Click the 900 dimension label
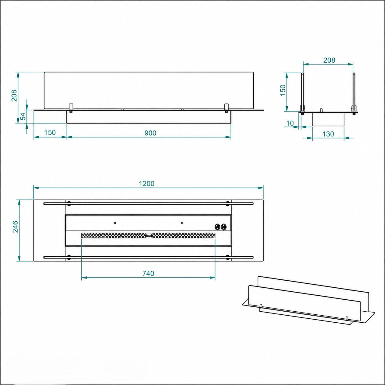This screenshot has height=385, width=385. pos(150,133)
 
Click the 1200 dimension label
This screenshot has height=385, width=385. pos(147,184)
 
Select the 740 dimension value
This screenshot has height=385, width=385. pos(149,273)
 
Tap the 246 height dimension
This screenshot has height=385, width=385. pos(15,227)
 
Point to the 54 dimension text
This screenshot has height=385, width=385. pos(24,116)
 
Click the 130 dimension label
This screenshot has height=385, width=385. pos(328,134)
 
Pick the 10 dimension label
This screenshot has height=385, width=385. pos(290,123)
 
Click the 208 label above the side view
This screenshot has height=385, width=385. pos(329,60)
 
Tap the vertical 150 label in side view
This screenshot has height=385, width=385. pos(283,90)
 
